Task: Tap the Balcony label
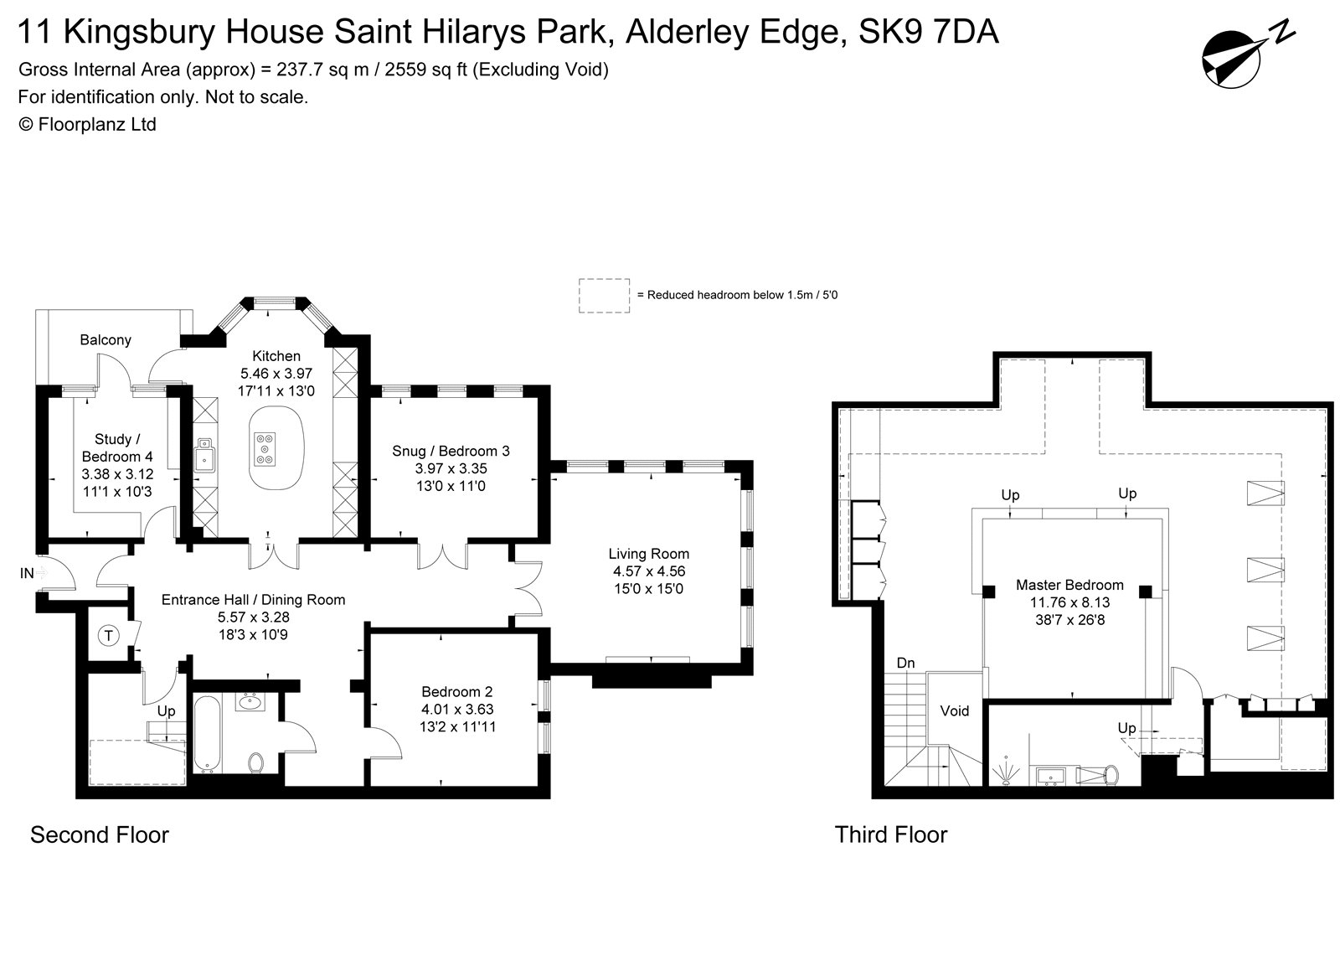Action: tap(106, 339)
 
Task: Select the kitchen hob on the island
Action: tap(265, 447)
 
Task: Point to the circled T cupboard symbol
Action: tap(109, 636)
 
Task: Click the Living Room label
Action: tap(648, 554)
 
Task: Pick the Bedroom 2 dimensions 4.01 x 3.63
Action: tap(457, 710)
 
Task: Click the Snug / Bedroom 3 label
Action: tap(451, 451)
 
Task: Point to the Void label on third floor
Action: tap(954, 710)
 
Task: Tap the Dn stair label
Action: tap(905, 663)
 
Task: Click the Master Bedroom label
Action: tap(1069, 585)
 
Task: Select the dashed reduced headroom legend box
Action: tap(604, 296)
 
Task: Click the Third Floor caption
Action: tap(890, 834)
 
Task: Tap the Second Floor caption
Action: tap(100, 834)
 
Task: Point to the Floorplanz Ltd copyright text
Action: tap(87, 124)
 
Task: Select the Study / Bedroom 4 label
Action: tap(117, 447)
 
